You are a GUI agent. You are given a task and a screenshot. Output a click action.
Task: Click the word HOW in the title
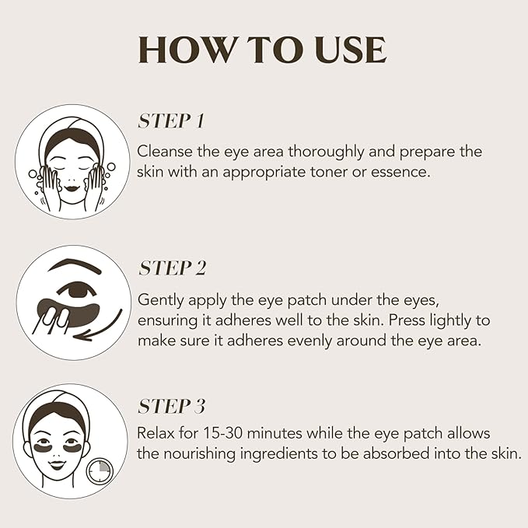tap(187, 51)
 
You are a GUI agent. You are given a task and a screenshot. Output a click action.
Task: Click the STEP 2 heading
tap(172, 269)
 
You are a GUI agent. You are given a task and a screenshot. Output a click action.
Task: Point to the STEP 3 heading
tap(172, 407)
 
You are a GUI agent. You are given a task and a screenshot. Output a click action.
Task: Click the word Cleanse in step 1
tap(163, 151)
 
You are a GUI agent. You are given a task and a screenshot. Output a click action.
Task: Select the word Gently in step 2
tap(159, 299)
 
